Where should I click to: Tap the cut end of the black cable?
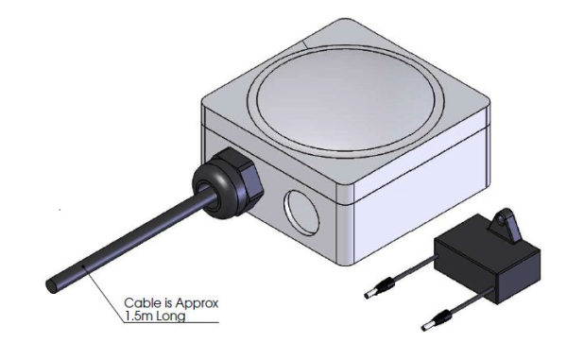(x=51, y=285)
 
